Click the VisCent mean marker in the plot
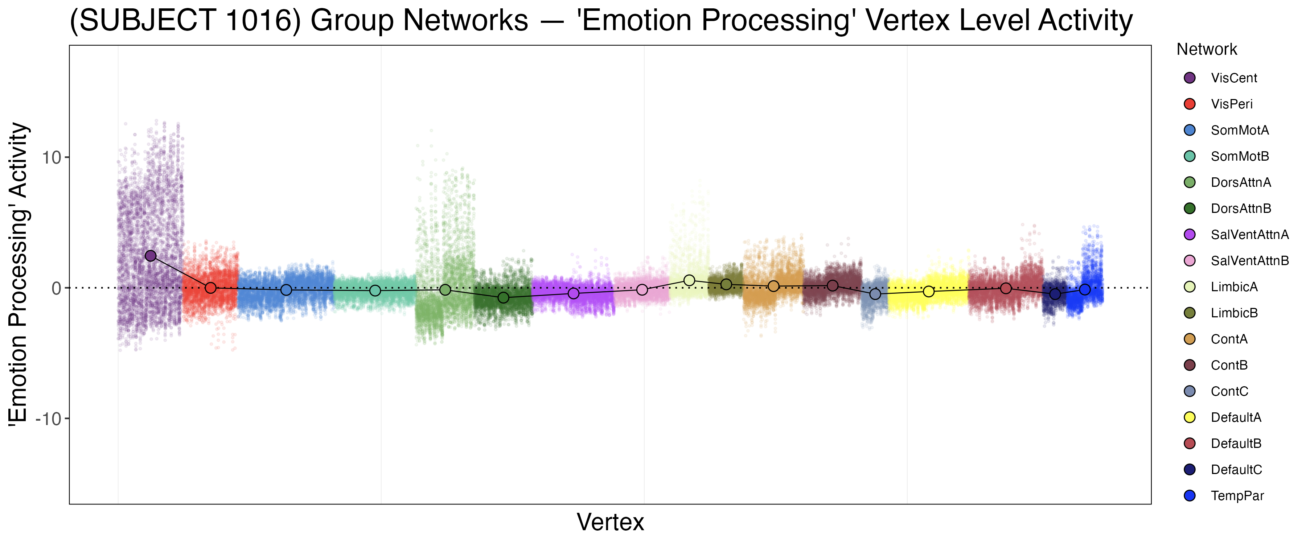151,256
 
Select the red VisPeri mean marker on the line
210,288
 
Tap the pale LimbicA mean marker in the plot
689,280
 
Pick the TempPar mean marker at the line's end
1084,289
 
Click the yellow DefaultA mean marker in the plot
928,292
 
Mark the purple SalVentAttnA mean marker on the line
574,293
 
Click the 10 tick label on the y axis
51,158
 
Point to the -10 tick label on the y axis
48,419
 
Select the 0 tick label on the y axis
56,288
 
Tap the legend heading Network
1207,50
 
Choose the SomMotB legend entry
1240,156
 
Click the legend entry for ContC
1229,391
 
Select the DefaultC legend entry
1236,470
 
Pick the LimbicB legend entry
1234,313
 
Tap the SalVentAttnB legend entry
1249,261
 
